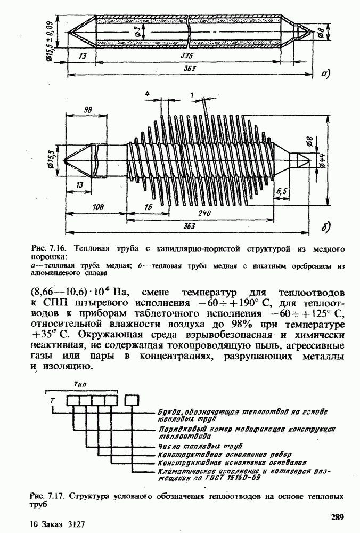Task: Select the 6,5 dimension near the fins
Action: coord(282,190)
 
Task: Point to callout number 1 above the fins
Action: coord(191,93)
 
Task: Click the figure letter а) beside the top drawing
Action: coord(326,74)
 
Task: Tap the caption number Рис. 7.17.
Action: coord(46,496)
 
